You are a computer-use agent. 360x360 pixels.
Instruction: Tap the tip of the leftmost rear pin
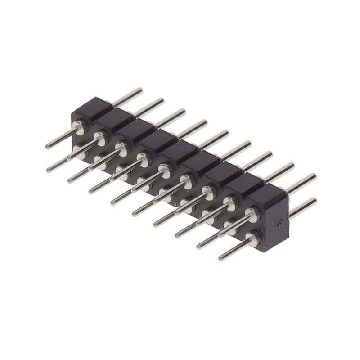click(140, 90)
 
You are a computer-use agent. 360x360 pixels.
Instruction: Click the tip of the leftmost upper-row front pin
click(48, 146)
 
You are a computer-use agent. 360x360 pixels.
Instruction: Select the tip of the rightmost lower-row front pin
click(221, 258)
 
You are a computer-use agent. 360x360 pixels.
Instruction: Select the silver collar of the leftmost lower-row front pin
click(79, 150)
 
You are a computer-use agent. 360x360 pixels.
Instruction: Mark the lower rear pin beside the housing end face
click(302, 207)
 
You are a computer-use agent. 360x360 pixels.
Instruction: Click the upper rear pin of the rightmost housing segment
click(301, 182)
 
